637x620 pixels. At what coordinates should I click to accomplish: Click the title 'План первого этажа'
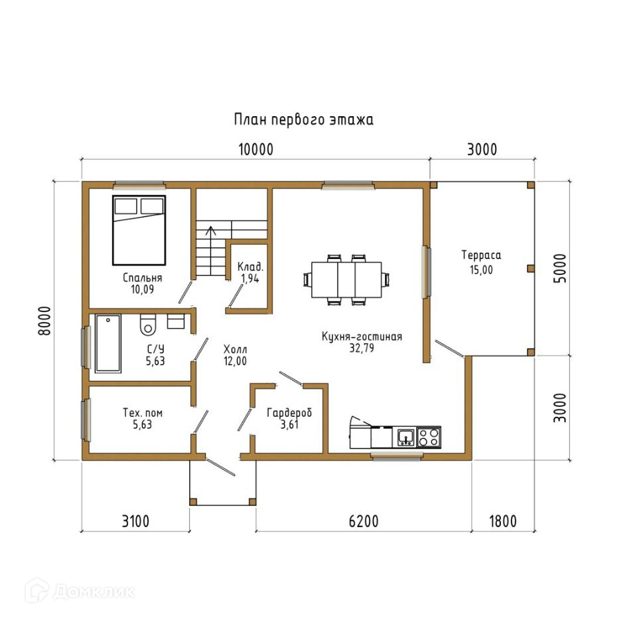(x=303, y=120)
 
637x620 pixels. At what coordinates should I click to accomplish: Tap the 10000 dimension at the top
(x=255, y=149)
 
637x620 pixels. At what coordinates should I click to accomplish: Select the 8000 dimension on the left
(x=44, y=321)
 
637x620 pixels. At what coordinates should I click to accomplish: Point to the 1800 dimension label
(x=503, y=521)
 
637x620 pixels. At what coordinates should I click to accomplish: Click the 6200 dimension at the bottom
(x=364, y=521)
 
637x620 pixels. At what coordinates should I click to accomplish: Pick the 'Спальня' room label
(x=143, y=278)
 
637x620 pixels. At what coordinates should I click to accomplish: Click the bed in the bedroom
(x=139, y=230)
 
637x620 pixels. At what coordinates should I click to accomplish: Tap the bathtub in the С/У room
(x=108, y=343)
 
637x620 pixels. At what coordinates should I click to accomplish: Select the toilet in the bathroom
(x=148, y=325)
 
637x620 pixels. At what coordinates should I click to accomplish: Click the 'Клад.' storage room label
(x=250, y=267)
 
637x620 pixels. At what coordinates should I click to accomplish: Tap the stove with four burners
(x=429, y=437)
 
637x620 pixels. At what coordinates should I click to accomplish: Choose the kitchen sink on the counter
(x=405, y=437)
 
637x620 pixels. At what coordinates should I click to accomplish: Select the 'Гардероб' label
(x=289, y=413)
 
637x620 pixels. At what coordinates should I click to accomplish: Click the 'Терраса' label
(x=482, y=255)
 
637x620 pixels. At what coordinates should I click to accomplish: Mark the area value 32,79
(x=362, y=349)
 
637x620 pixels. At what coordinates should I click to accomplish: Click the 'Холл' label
(x=235, y=349)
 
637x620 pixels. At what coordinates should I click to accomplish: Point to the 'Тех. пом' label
(x=143, y=413)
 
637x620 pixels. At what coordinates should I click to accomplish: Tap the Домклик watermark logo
(x=80, y=591)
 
